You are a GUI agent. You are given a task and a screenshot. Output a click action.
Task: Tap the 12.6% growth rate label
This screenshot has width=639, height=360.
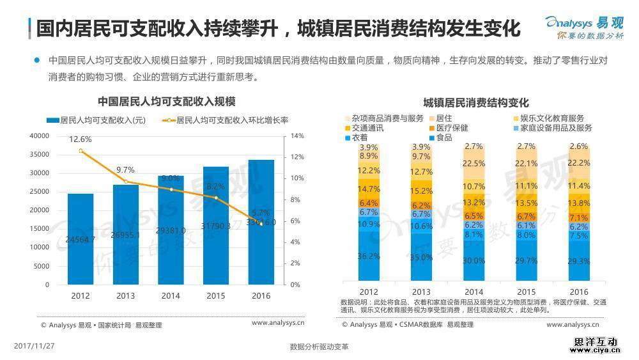(81, 139)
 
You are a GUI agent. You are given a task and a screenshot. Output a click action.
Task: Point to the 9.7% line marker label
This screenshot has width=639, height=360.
(125, 170)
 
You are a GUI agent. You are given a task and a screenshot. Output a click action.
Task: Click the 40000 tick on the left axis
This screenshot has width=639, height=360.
(40, 136)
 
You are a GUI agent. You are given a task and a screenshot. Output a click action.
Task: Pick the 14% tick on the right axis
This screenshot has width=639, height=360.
(297, 136)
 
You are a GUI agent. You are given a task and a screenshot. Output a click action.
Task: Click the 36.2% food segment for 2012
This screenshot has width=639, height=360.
(369, 256)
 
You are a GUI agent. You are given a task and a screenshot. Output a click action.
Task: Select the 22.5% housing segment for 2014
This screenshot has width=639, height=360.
(473, 164)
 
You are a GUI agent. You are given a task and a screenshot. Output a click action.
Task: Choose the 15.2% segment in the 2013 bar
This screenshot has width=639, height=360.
(422, 191)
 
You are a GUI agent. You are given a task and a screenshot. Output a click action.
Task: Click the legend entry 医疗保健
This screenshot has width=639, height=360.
(452, 128)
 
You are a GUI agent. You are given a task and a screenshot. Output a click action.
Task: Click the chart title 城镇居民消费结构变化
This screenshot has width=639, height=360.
(476, 103)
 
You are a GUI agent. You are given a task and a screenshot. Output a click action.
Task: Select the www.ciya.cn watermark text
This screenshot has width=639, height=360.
(596, 350)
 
